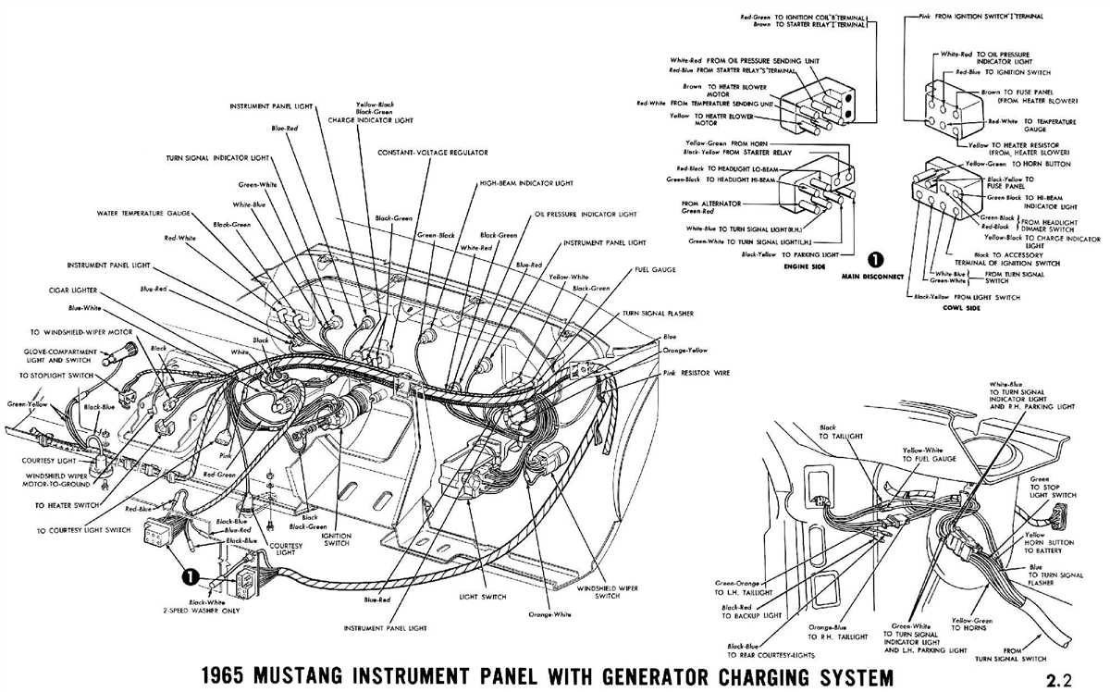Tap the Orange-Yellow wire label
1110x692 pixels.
[686, 352]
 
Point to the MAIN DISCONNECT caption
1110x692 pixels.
[872, 276]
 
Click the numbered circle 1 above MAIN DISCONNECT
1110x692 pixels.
[871, 260]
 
